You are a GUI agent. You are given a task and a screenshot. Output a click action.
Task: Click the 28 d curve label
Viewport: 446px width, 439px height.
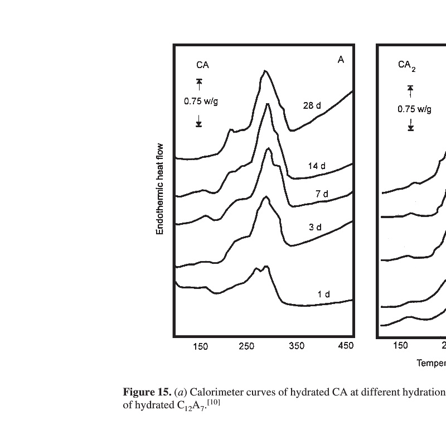(x=312, y=105)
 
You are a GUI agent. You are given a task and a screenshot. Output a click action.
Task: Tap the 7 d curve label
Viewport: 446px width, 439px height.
(x=322, y=194)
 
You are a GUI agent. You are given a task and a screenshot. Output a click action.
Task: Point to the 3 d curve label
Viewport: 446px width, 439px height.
(x=315, y=227)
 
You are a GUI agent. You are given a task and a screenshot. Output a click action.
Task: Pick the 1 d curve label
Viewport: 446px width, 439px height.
(x=324, y=294)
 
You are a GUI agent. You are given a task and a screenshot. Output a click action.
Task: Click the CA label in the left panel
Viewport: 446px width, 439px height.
(x=202, y=65)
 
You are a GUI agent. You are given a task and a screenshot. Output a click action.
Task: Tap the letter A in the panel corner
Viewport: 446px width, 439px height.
(x=341, y=60)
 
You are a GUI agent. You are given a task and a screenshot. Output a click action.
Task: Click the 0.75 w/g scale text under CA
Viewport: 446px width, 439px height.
(x=200, y=102)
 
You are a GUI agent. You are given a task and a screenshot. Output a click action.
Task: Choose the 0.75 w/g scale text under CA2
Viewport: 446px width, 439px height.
(x=414, y=109)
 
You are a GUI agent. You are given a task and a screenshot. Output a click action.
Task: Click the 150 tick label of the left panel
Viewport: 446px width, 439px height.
(x=200, y=347)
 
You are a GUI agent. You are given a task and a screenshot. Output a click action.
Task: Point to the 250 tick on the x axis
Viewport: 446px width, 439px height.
(x=246, y=347)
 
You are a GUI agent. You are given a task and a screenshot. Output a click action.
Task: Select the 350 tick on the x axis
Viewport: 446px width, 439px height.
(x=297, y=347)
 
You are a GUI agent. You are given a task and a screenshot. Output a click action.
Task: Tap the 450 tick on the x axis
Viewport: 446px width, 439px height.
(x=346, y=347)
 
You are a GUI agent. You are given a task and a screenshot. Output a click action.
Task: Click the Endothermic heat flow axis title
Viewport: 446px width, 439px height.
(x=160, y=189)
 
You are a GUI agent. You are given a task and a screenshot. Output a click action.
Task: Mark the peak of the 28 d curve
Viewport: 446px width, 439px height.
(x=265, y=71)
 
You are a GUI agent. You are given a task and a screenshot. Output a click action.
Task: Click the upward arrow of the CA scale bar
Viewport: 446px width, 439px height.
(x=199, y=84)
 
